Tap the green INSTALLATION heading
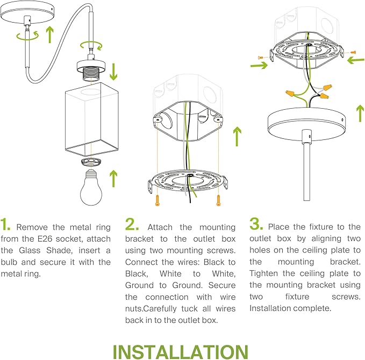[x=181, y=352]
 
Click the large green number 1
[x=5, y=224]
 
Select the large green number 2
[x=132, y=224]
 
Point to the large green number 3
[x=256, y=224]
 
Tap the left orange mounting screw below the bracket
[x=158, y=201]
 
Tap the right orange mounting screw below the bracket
[x=218, y=201]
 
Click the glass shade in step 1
[x=91, y=119]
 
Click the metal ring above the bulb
[x=91, y=162]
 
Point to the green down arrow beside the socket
[x=113, y=72]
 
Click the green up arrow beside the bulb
[x=113, y=179]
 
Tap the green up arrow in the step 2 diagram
[x=237, y=137]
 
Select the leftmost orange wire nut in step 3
[x=290, y=93]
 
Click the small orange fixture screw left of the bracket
[x=260, y=58]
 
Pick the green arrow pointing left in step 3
[x=356, y=60]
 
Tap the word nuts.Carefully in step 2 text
[x=151, y=309]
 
